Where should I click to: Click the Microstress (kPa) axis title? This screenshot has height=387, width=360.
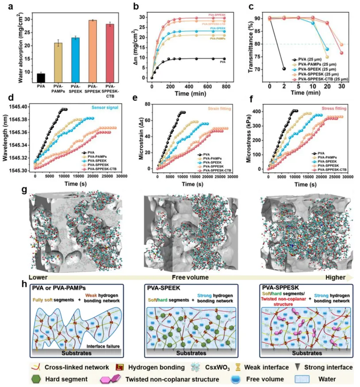[x=249, y=138]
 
